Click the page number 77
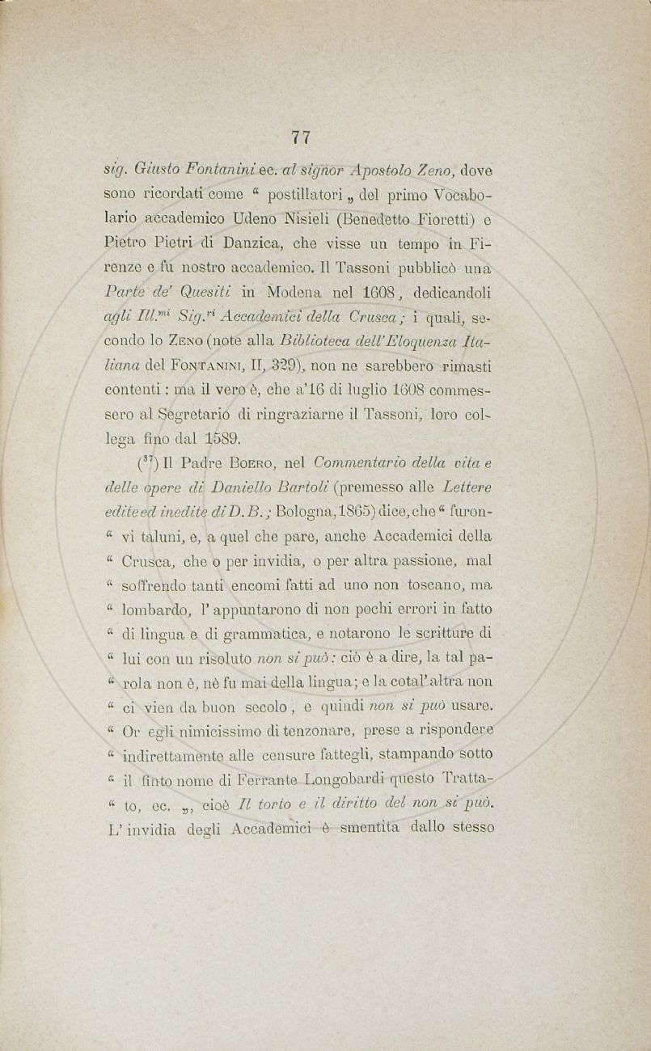(x=301, y=137)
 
